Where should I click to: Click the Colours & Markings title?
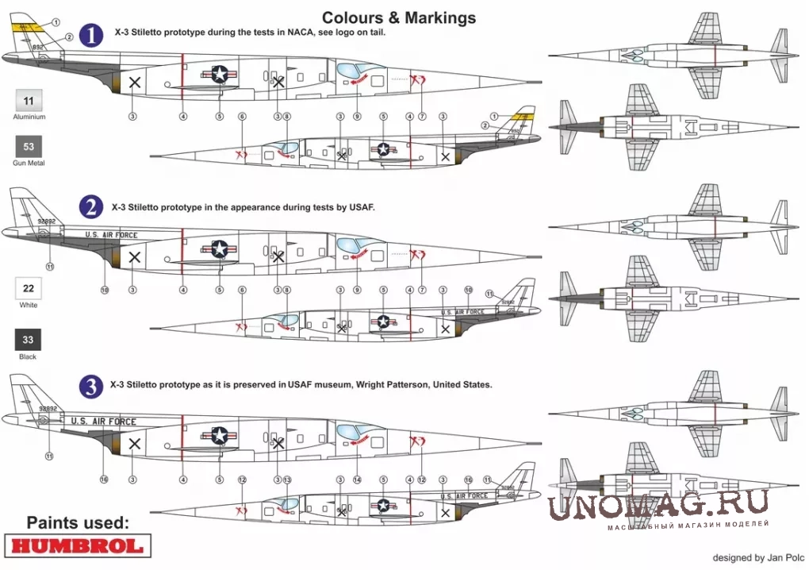pos(399,17)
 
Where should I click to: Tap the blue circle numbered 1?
pos(93,36)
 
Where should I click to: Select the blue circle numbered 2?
pos(93,208)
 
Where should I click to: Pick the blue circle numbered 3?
pos(93,387)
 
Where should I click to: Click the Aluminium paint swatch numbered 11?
pos(29,102)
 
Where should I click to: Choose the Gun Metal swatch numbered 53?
pos(29,147)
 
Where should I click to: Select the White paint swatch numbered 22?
pos(29,288)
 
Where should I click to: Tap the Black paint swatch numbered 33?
pos(29,340)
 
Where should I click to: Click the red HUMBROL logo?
pos(76,545)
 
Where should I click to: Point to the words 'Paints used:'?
pos(77,522)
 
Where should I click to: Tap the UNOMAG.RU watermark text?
pos(658,506)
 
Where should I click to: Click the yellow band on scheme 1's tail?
pos(29,28)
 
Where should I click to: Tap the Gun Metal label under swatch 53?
pos(29,163)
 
